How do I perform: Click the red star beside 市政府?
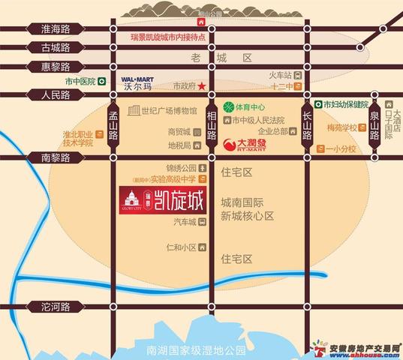pos(201,86)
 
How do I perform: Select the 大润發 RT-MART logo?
pos(251,141)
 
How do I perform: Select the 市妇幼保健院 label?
pos(347,104)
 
